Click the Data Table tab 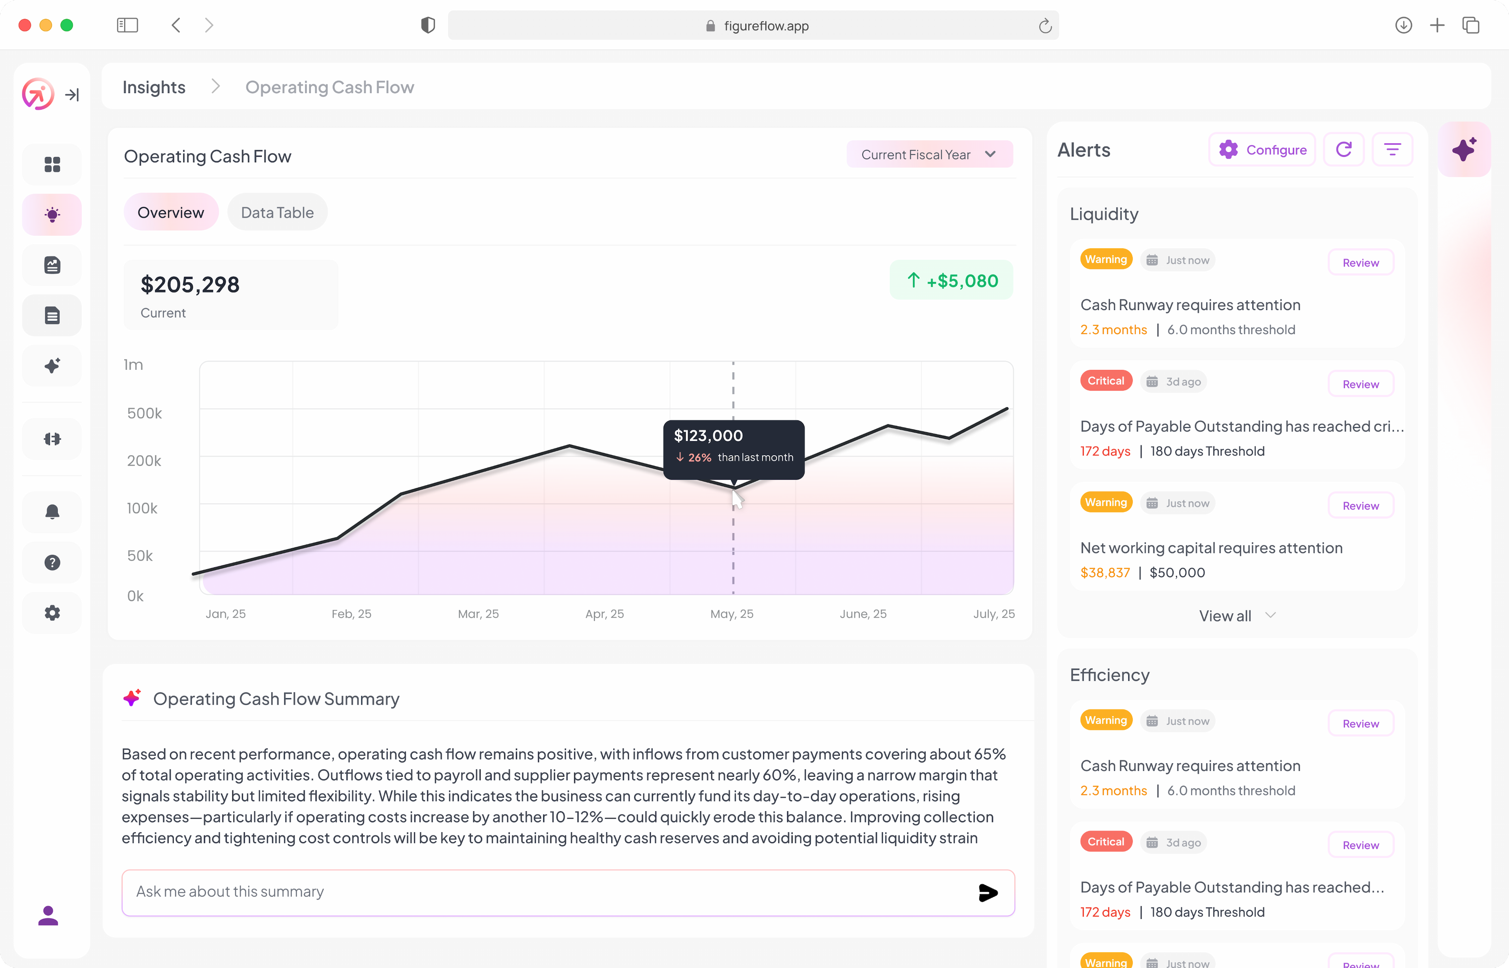(x=277, y=213)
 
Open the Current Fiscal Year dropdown (x=929, y=155)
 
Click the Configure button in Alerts (x=1262, y=150)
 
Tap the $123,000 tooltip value (x=708, y=436)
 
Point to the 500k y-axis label (x=145, y=413)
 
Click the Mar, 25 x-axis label (x=478, y=614)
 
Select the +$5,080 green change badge (x=951, y=280)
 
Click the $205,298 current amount (x=190, y=285)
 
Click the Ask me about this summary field (x=547, y=891)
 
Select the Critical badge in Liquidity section (x=1106, y=381)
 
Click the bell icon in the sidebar (x=52, y=511)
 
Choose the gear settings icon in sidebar (x=52, y=613)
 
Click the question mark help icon (x=52, y=563)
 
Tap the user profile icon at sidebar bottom (x=48, y=915)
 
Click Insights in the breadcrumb (x=154, y=87)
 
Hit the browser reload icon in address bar (x=1045, y=26)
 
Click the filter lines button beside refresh (x=1392, y=150)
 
